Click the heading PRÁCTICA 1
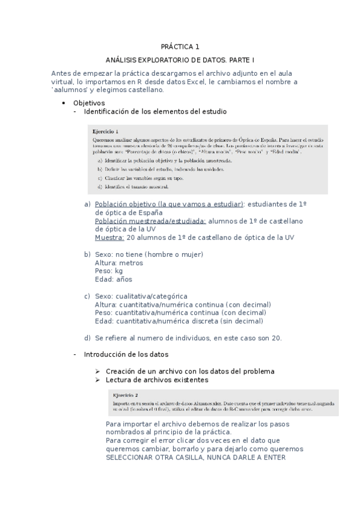(180, 46)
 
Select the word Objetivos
(88, 103)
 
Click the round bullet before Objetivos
(64, 103)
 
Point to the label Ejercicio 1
(105, 131)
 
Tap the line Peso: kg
(109, 271)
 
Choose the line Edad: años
(113, 279)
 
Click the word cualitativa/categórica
(151, 296)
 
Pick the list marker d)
(88, 337)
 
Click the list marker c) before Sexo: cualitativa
(88, 296)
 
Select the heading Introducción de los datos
(126, 354)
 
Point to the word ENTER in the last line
(274, 456)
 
